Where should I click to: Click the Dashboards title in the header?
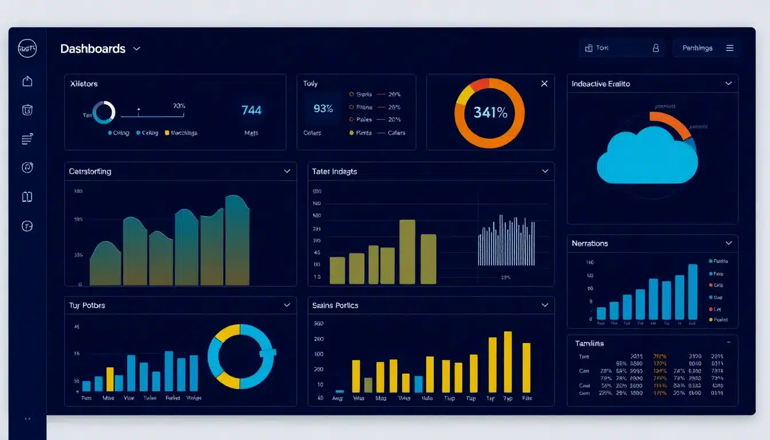(x=93, y=49)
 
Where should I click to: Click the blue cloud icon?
(x=647, y=158)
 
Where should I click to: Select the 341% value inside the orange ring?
(x=490, y=113)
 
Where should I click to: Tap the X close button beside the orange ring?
(x=544, y=84)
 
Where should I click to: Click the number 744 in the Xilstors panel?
(x=251, y=111)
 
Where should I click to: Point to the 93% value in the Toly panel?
(x=323, y=108)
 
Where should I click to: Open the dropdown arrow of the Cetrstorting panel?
(x=287, y=171)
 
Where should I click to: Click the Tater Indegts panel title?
(x=335, y=171)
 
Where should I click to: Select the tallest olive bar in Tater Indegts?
(x=407, y=252)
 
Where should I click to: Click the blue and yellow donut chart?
(x=241, y=356)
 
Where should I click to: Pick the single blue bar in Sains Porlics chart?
(x=418, y=384)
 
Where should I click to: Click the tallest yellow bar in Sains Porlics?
(x=508, y=362)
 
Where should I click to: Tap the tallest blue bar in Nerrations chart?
(x=693, y=292)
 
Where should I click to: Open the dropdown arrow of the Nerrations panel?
(x=728, y=243)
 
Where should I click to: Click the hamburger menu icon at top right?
(x=730, y=48)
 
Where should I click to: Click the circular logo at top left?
(x=27, y=49)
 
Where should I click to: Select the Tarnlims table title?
(x=589, y=343)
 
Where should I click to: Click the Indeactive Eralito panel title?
(x=600, y=84)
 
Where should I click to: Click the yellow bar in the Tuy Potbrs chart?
(x=110, y=379)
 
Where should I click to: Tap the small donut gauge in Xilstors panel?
(x=104, y=112)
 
